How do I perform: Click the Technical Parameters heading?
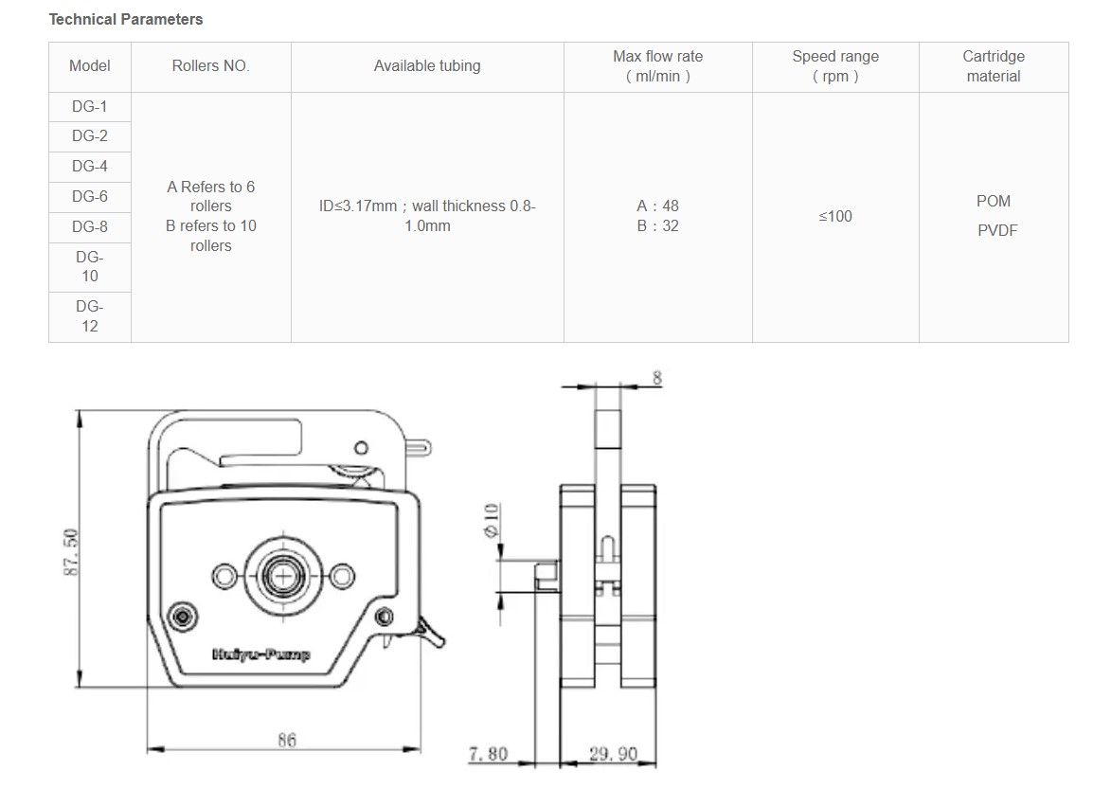click(x=125, y=20)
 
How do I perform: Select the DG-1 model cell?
click(x=90, y=107)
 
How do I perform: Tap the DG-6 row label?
click(x=90, y=197)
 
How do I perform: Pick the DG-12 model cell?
click(x=90, y=316)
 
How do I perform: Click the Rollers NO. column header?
click(x=210, y=65)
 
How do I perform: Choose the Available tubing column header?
click(x=427, y=65)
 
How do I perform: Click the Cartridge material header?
click(x=994, y=66)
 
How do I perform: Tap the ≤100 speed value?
click(x=835, y=216)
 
